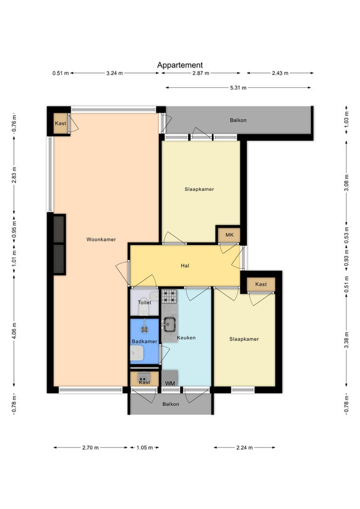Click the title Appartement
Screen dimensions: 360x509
coord(180,66)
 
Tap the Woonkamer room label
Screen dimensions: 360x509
coord(101,240)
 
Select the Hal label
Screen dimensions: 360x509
coord(185,266)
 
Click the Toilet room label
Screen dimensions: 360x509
coord(144,303)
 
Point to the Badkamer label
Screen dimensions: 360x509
coord(144,342)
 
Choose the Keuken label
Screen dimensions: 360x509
coord(186,338)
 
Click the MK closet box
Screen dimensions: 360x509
coord(229,235)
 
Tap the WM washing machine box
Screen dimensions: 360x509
coord(170,378)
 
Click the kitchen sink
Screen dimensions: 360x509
coord(169,324)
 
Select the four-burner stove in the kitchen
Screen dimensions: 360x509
coord(169,296)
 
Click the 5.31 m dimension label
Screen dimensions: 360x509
coord(239,88)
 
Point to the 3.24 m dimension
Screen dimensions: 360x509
coord(114,73)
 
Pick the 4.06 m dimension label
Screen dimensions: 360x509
coord(14,331)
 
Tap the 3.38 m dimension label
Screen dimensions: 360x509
coord(347,340)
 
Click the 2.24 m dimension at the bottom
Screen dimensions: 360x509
coord(244,448)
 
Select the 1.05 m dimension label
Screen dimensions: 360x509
coord(144,448)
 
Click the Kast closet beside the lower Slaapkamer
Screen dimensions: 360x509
coord(261,284)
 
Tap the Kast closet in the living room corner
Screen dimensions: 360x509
coord(60,123)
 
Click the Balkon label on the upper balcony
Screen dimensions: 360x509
coord(239,120)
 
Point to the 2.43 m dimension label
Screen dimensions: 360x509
coord(280,73)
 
